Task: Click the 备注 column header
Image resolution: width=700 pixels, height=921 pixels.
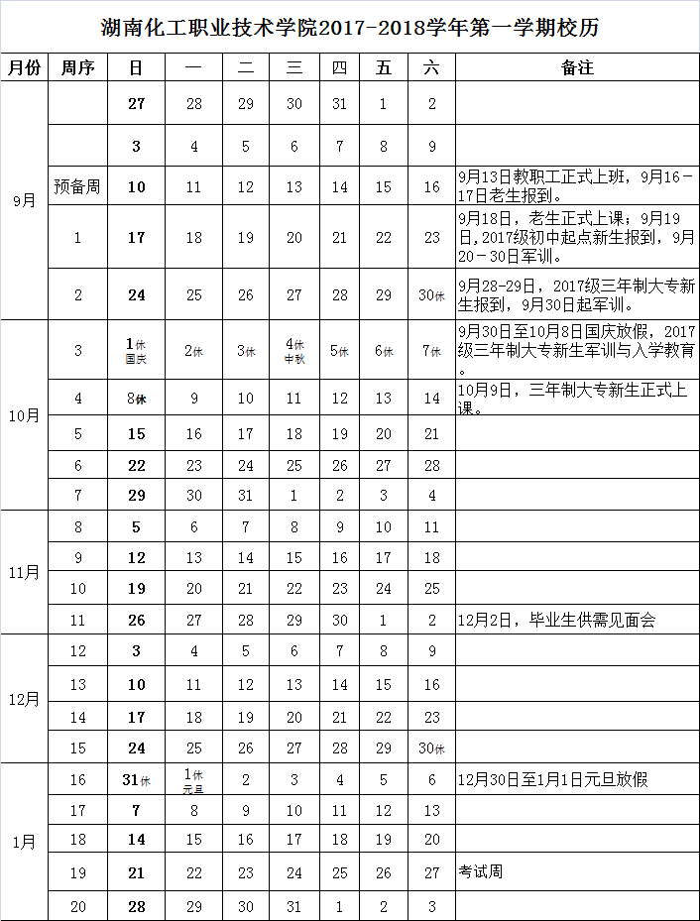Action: tap(577, 67)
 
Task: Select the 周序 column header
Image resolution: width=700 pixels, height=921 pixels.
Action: tap(77, 67)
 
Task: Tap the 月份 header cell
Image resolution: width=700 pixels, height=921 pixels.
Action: tap(25, 67)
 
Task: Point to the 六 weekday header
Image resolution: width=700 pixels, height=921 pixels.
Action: tap(430, 67)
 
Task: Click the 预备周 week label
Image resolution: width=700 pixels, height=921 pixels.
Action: tap(77, 186)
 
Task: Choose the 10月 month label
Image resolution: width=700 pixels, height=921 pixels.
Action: tap(25, 415)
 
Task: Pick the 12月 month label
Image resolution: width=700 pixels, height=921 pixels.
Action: tap(25, 699)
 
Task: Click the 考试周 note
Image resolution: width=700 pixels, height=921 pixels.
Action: tap(480, 872)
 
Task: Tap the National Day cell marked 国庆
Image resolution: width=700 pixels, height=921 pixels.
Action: tap(136, 350)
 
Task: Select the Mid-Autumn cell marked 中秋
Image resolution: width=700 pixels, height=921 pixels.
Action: tap(294, 350)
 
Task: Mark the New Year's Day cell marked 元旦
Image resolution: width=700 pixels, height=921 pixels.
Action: tap(194, 780)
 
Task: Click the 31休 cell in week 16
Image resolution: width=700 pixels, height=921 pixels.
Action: tap(136, 780)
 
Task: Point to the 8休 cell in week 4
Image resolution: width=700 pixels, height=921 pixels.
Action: tap(136, 399)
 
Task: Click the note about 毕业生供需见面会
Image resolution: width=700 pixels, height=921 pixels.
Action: tap(555, 621)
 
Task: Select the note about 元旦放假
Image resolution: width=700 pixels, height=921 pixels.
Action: tap(552, 780)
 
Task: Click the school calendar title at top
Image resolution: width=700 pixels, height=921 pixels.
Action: tap(350, 27)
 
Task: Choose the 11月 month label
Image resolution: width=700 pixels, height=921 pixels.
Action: tap(25, 572)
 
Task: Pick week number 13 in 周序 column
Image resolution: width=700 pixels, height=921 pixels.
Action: tap(78, 684)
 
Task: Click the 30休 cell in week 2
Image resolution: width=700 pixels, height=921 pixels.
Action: tap(430, 294)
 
